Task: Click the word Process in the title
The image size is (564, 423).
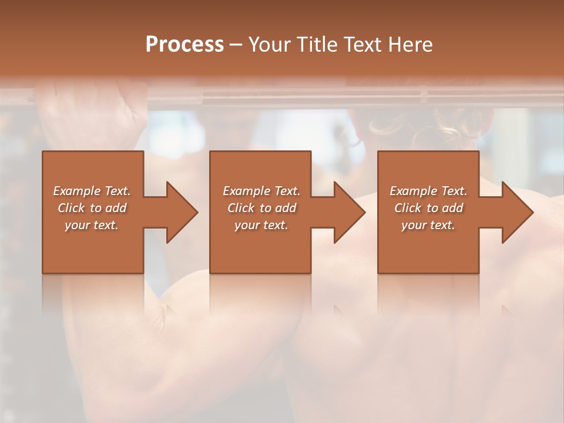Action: pos(184,45)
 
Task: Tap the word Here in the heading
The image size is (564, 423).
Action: pos(409,45)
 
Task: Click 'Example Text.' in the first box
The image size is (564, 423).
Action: pos(92,191)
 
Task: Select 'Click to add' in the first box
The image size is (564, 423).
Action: pos(92,208)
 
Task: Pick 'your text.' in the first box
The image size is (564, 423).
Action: pos(92,225)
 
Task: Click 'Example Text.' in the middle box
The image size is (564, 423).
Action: pos(261,191)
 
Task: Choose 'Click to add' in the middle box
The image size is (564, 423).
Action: pos(261,208)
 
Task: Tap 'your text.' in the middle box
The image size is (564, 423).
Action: pos(261,225)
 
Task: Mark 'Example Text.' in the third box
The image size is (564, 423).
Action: pos(428,191)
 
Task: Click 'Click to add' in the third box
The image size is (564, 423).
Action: pos(428,208)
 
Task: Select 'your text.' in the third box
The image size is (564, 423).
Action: pos(428,225)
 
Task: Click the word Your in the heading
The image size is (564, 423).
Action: pos(270,45)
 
